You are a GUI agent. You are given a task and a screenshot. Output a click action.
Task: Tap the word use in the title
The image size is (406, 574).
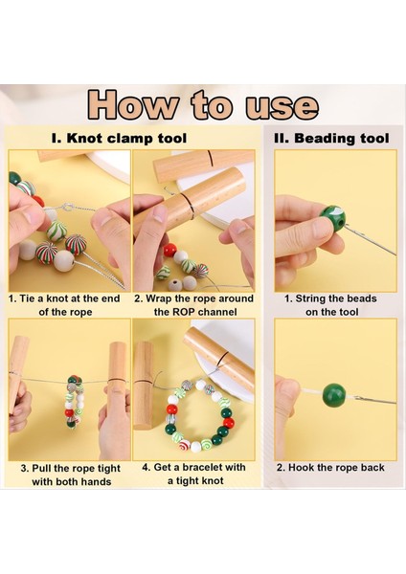coord(282,106)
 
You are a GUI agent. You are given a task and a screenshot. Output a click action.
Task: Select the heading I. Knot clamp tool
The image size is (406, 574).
coord(119,139)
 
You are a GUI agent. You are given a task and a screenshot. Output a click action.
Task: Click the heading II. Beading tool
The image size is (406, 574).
coord(331,139)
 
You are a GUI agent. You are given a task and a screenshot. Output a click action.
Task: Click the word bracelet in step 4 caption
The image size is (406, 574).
coord(203,468)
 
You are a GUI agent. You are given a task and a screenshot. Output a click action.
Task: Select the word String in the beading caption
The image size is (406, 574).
coord(310,298)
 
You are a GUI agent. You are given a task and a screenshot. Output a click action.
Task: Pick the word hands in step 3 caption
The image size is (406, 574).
coord(98,481)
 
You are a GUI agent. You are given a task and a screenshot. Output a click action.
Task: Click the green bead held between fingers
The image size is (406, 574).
coord(332,218)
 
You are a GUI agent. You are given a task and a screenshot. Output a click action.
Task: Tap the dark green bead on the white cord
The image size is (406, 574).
coord(334,395)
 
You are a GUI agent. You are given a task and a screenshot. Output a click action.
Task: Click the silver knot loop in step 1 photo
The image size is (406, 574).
coord(68,208)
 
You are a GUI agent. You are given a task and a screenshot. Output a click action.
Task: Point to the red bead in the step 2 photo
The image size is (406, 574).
coord(170,250)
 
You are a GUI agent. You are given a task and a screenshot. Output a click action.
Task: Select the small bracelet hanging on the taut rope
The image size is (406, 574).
coord(75,402)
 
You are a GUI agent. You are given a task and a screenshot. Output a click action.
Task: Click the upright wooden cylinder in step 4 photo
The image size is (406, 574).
coord(144,386)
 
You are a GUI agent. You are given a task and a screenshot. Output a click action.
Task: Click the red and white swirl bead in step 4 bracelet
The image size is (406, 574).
coord(184,445)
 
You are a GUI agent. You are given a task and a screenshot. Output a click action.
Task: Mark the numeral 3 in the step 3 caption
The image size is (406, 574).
coord(24,469)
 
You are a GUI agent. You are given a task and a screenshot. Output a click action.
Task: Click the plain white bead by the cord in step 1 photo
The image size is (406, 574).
coord(64,260)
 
